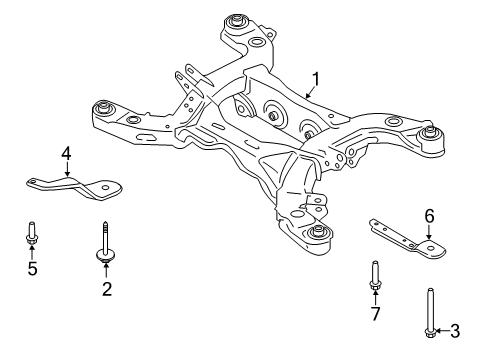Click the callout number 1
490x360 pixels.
pyautogui.click(x=315, y=80)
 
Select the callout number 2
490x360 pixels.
pyautogui.click(x=107, y=289)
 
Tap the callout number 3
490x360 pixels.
pyautogui.click(x=455, y=331)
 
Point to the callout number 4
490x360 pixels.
pyautogui.click(x=66, y=154)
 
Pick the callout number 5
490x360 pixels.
pyautogui.click(x=32, y=268)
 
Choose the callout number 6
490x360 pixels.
pyautogui.click(x=429, y=216)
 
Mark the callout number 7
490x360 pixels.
pyautogui.click(x=376, y=314)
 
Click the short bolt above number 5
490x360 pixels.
pyautogui.click(x=32, y=234)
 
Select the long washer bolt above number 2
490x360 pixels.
pyautogui.click(x=105, y=242)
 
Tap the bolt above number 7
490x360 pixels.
pyautogui.click(x=375, y=275)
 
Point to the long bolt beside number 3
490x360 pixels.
pyautogui.click(x=430, y=313)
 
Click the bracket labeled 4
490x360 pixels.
pyautogui.click(x=75, y=188)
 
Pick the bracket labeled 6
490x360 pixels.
pyautogui.click(x=408, y=239)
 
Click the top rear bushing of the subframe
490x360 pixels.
pyautogui.click(x=236, y=23)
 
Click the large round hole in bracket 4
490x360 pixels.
pyautogui.click(x=106, y=187)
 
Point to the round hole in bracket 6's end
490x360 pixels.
pyautogui.click(x=432, y=248)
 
